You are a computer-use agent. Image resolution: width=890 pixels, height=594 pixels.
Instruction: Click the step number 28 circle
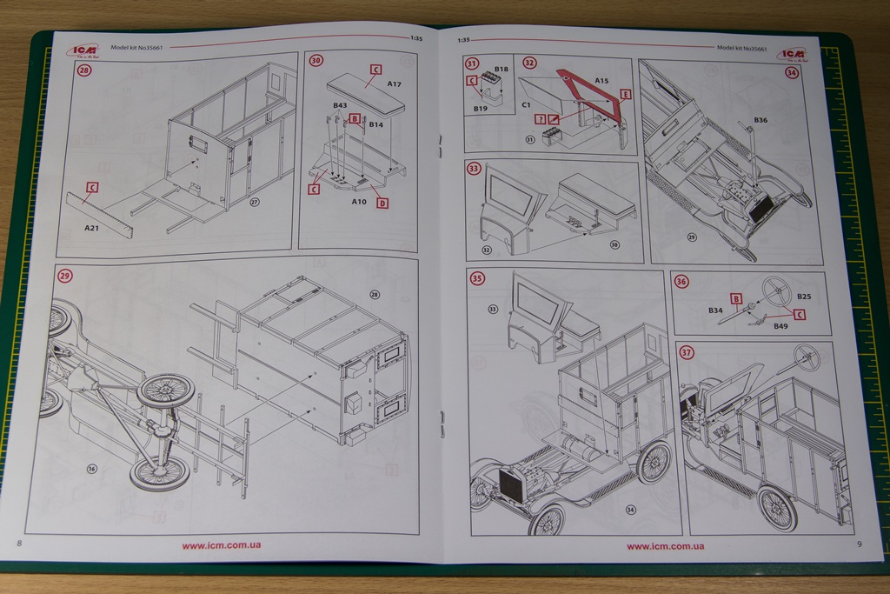tap(84, 70)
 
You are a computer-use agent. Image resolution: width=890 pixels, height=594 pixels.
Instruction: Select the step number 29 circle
tap(65, 276)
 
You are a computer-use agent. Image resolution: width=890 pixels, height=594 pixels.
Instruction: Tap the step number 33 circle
tap(474, 168)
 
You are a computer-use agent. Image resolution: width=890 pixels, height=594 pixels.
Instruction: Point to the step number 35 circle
tap(477, 278)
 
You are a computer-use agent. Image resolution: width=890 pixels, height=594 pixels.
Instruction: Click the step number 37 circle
tap(687, 352)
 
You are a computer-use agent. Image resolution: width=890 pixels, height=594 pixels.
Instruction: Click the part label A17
tap(395, 84)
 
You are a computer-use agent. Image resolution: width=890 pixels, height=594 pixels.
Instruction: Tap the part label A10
tap(359, 201)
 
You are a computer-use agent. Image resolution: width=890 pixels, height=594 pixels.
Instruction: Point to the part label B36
tap(760, 120)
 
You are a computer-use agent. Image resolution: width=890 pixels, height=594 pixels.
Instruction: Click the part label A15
tap(601, 80)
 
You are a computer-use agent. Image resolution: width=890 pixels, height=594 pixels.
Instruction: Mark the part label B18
tap(501, 69)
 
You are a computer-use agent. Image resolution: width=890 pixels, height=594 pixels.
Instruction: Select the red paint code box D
tap(382, 203)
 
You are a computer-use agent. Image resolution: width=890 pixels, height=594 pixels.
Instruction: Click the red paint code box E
tap(626, 94)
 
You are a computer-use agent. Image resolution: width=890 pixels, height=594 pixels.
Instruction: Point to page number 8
tap(19, 544)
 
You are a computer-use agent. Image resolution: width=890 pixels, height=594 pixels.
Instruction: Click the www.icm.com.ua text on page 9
tap(665, 546)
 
